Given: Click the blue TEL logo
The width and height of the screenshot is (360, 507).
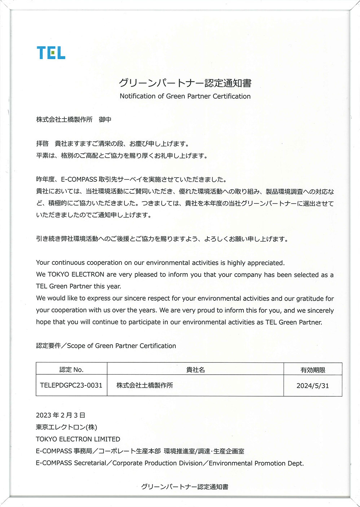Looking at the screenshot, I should pos(51,53).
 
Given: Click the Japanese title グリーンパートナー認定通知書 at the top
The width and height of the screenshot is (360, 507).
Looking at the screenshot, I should pos(185,83).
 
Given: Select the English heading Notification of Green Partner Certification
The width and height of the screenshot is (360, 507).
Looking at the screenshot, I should pos(185,96).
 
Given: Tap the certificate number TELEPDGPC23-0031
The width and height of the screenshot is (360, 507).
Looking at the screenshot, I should pos(71,385).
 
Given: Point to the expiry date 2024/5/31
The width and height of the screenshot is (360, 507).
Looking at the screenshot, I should pos(312,385).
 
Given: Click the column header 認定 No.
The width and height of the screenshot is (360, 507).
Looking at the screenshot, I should pos(71,370).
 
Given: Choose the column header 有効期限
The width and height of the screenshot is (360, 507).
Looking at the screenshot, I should pos(312,370).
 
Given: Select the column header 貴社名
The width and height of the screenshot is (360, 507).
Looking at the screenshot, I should pos(195,370).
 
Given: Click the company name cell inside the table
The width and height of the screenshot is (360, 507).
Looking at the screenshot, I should pos(145,385).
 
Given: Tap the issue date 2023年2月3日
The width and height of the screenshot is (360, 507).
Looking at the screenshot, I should pos(60,415).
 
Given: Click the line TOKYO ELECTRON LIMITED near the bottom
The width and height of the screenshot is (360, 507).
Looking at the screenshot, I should pos(78,439).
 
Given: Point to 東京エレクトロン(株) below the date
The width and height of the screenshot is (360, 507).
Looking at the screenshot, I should pos(66,427).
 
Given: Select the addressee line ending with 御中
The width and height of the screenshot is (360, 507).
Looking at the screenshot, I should pos(74,119).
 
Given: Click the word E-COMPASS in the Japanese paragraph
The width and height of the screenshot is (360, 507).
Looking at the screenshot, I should pos(79,179).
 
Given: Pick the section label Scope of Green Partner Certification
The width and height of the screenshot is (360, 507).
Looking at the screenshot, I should pos(122,346).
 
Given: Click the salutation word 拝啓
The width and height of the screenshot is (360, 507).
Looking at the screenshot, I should pos(42,144).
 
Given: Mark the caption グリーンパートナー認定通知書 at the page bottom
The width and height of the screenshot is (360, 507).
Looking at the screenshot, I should pos(184,487).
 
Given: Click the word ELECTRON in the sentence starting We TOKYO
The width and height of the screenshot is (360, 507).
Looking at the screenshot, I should pos(88,274).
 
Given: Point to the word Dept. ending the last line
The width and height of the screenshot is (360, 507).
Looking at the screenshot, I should pos(295,463).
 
